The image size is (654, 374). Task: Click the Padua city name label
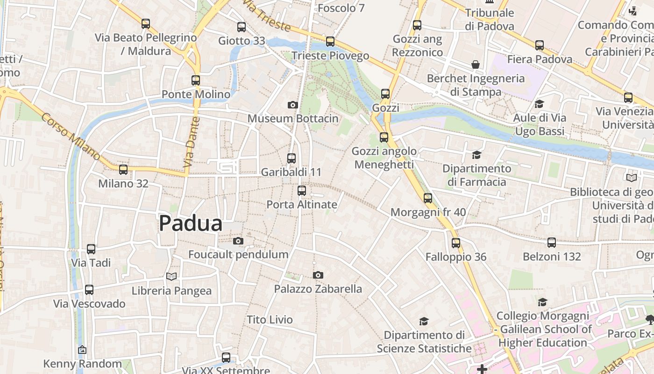(x=191, y=223)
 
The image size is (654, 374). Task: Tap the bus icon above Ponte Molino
(x=196, y=80)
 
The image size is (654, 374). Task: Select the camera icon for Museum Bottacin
(x=293, y=105)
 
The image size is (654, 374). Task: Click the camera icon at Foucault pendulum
(x=238, y=241)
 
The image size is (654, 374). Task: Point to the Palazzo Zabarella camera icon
(x=318, y=275)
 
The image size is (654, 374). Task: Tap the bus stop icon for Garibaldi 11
(x=291, y=158)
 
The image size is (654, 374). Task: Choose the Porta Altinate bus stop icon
(x=302, y=191)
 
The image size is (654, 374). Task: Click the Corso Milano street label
(x=71, y=136)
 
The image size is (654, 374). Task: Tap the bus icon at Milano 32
(x=123, y=170)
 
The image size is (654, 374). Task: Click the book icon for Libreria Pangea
(x=171, y=277)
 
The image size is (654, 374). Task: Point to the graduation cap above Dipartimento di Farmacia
(x=476, y=155)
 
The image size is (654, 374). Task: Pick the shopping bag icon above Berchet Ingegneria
(x=476, y=65)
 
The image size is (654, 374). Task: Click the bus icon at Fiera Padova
(x=540, y=45)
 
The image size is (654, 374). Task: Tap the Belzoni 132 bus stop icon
(x=552, y=243)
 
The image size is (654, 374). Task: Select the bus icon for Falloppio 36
(x=456, y=243)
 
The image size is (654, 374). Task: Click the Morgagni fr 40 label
(x=428, y=212)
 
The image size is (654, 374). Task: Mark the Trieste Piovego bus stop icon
(x=330, y=42)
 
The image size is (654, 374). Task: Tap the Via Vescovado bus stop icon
(x=89, y=290)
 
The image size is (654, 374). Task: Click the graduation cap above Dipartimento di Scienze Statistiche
(x=424, y=321)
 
